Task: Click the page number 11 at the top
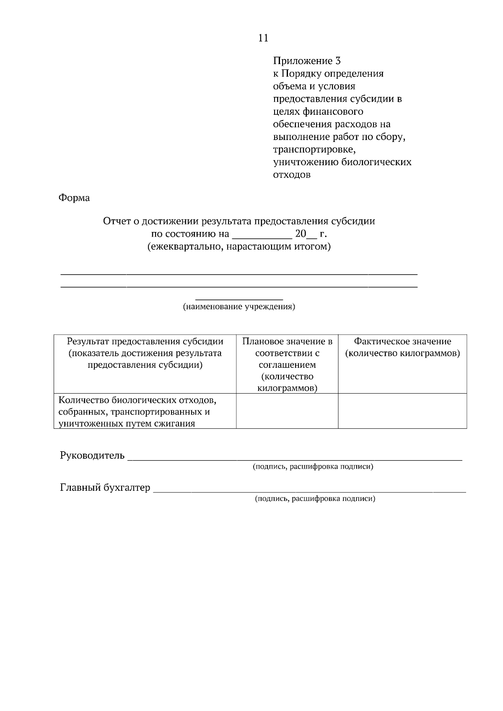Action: click(x=263, y=38)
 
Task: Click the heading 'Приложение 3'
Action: click(x=307, y=61)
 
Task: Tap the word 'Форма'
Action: click(x=74, y=198)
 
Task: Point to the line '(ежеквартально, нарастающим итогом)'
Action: click(x=239, y=247)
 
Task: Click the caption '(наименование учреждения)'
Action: click(x=239, y=307)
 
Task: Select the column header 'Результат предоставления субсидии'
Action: click(x=145, y=342)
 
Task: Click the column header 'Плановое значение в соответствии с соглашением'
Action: click(x=287, y=359)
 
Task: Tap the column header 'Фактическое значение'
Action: click(x=402, y=342)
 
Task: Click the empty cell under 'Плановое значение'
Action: click(x=287, y=411)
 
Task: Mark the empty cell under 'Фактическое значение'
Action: click(x=402, y=411)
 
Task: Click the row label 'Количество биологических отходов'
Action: click(x=137, y=400)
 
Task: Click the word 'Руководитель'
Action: click(x=92, y=455)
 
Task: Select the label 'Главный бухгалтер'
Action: click(x=105, y=487)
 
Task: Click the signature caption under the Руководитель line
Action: click(x=313, y=466)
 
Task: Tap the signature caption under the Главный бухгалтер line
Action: click(x=315, y=499)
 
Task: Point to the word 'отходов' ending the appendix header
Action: click(x=292, y=175)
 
